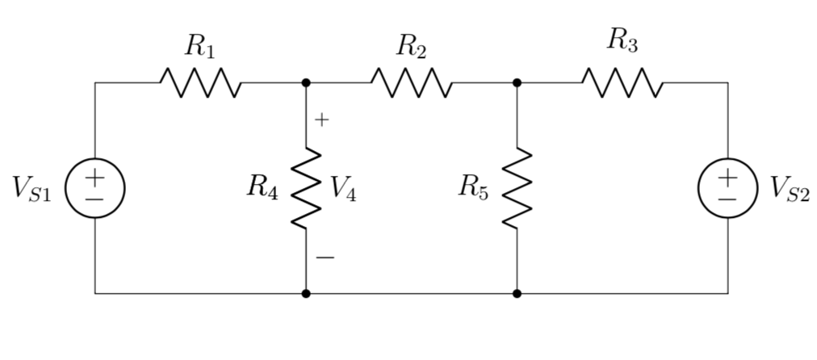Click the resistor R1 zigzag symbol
click(x=200, y=82)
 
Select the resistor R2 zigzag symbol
click(x=411, y=82)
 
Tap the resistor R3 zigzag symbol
click(x=622, y=82)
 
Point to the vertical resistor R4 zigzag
click(x=306, y=189)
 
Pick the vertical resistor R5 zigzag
click(x=517, y=189)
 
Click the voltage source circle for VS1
click(x=95, y=188)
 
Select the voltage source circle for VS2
click(x=727, y=188)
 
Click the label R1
click(x=199, y=46)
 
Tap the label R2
click(x=410, y=47)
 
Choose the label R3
click(x=622, y=41)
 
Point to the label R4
click(x=263, y=188)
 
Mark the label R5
click(x=473, y=188)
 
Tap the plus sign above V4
click(x=322, y=120)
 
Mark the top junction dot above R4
click(x=306, y=82)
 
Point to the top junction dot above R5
click(x=517, y=82)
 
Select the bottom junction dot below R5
click(x=517, y=294)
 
